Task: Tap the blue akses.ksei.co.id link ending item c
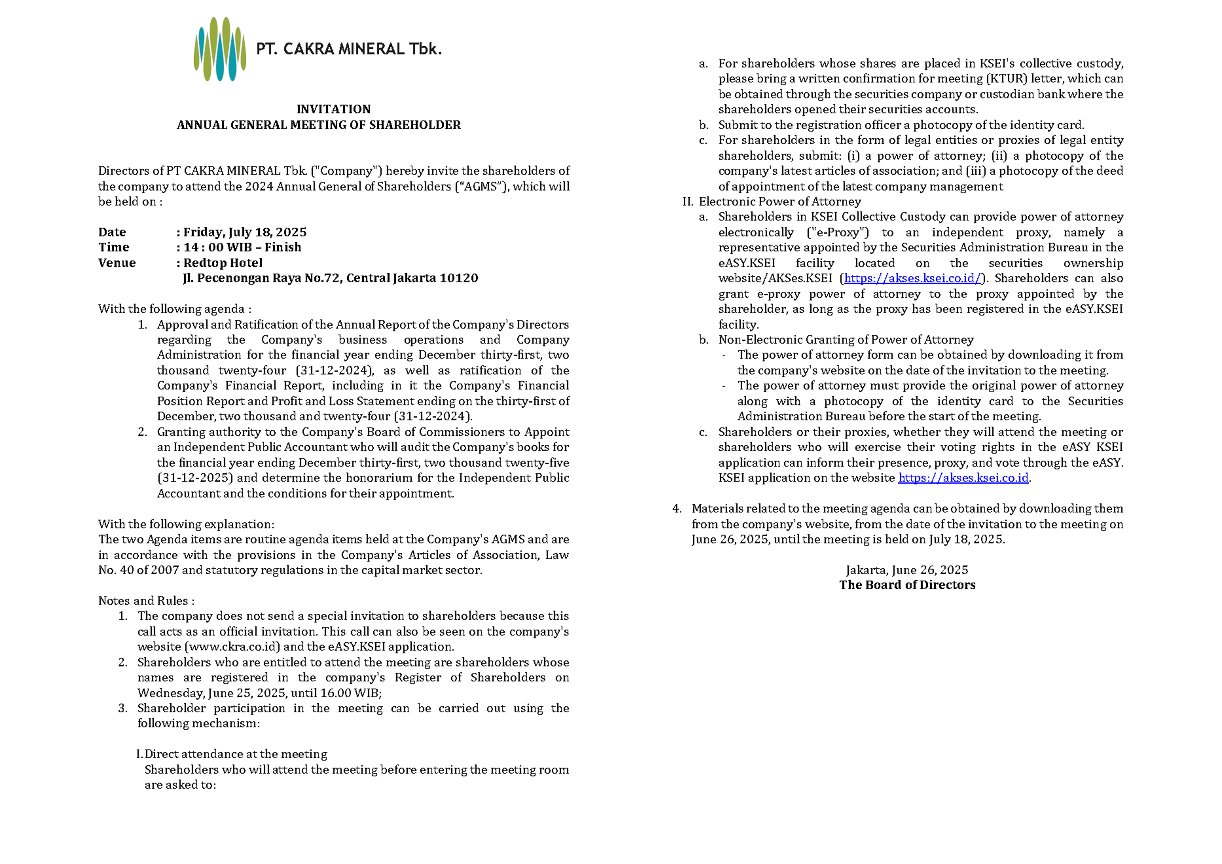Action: point(963,478)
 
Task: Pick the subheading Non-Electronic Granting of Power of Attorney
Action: point(846,340)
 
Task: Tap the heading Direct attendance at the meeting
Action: point(236,754)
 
